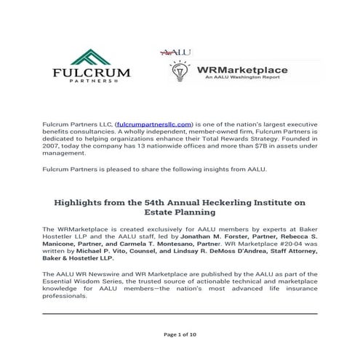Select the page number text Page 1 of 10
pos(179,334)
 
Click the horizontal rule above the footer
pos(180,313)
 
